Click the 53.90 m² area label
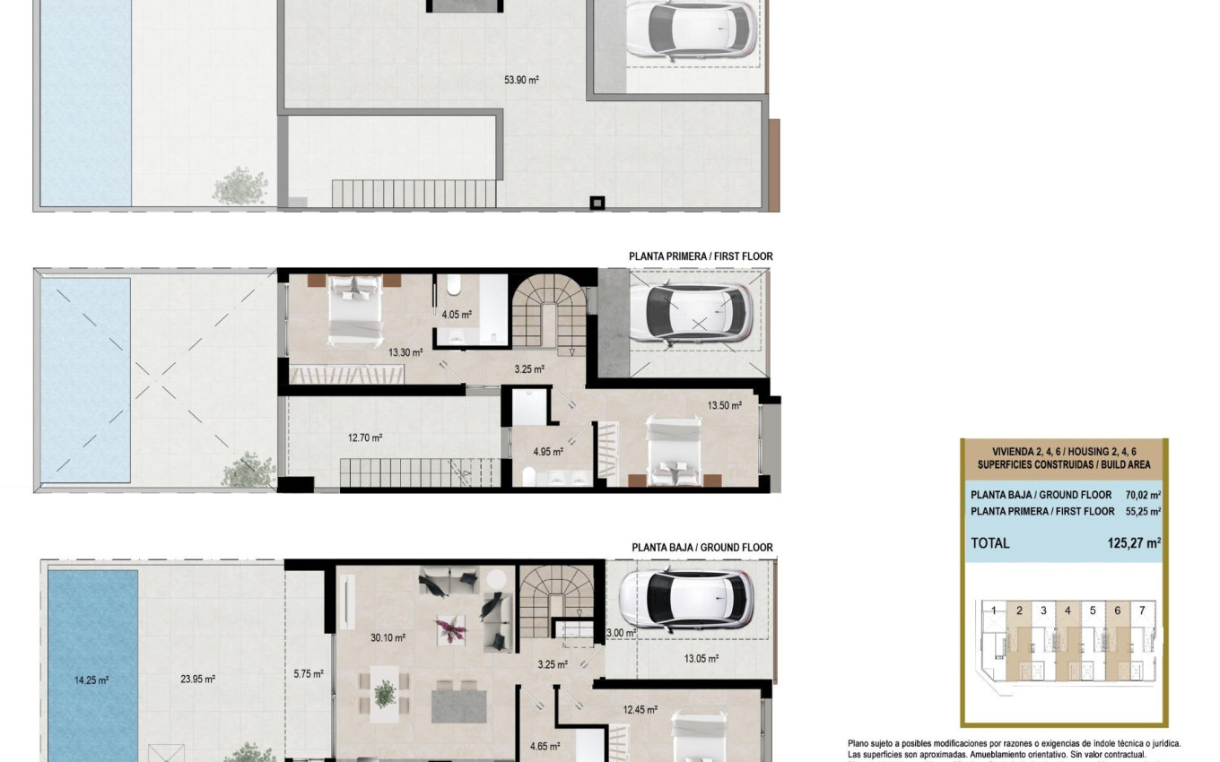(x=521, y=80)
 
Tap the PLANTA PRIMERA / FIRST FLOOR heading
(x=700, y=256)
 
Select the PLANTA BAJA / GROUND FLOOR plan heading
(x=701, y=547)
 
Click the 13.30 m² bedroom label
(x=405, y=352)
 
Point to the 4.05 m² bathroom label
(x=457, y=315)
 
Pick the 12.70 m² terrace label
(x=365, y=438)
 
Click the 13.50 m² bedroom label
(x=725, y=405)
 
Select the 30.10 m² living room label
(x=388, y=638)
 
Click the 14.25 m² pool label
(x=91, y=680)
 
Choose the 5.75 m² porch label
(x=309, y=674)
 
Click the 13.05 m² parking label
(x=701, y=659)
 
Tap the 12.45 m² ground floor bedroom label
(x=640, y=710)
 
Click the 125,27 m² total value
(x=1134, y=542)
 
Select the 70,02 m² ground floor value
(x=1143, y=495)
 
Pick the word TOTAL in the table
(x=989, y=543)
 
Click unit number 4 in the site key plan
(x=1067, y=610)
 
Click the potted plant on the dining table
(x=386, y=693)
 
